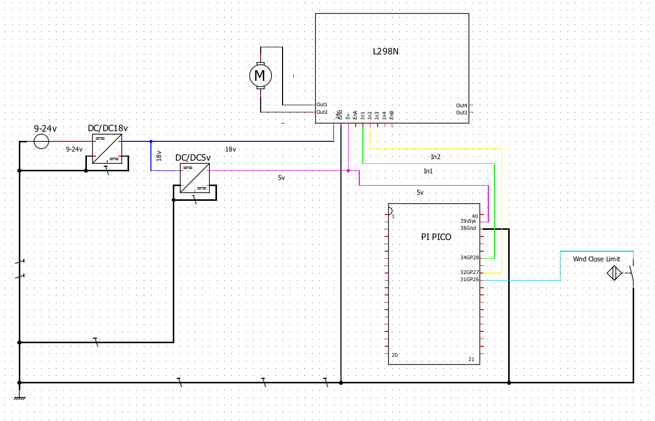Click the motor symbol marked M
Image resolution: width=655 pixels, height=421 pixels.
point(260,76)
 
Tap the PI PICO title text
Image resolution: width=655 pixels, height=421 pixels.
point(436,237)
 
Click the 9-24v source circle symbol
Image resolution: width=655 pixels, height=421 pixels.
point(41,141)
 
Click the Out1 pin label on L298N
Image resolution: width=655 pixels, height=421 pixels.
point(322,104)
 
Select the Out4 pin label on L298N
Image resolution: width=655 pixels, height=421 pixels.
point(461,105)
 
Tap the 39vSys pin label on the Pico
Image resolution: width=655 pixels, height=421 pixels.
point(468,221)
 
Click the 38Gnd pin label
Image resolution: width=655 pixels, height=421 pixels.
point(468,228)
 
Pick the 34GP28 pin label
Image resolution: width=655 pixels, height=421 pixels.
point(469,258)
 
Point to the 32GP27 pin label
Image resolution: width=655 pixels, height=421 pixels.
point(469,273)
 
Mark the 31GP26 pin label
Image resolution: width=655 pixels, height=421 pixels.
point(469,280)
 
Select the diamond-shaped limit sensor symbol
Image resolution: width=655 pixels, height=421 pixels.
point(615,274)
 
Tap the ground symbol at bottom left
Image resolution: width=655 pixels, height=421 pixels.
point(19,396)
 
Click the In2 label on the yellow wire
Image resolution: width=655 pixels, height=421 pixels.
point(435,157)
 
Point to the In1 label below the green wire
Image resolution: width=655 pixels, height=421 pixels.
point(428,171)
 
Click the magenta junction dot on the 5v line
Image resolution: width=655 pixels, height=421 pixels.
point(348,171)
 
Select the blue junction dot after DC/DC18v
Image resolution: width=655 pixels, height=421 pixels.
point(151,141)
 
